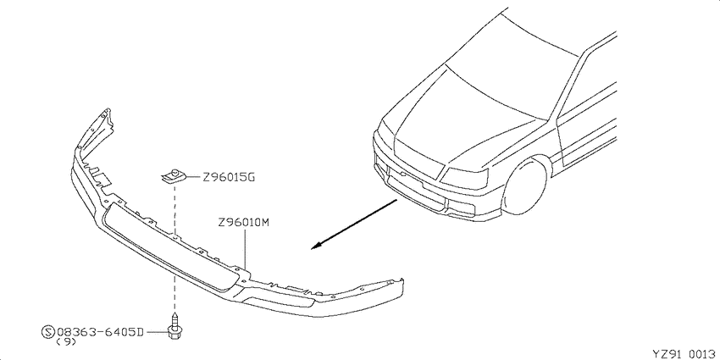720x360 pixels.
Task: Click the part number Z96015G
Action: (228, 177)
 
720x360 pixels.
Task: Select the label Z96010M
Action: (243, 223)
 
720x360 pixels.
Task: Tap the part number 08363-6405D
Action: (101, 331)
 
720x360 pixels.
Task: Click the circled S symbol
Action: (47, 331)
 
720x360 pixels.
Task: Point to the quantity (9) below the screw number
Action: (66, 342)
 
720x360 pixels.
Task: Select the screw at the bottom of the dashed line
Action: (174, 326)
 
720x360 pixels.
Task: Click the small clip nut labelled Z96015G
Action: (174, 176)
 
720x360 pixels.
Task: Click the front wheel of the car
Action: (526, 186)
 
